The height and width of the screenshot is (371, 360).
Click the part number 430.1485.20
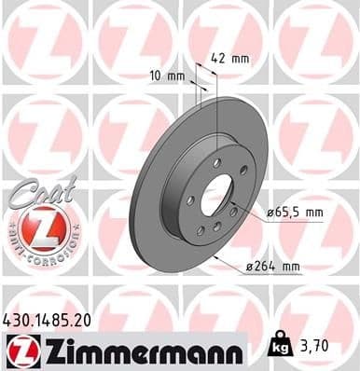coord(50,320)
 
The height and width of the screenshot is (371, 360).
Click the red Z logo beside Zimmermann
coord(20,350)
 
